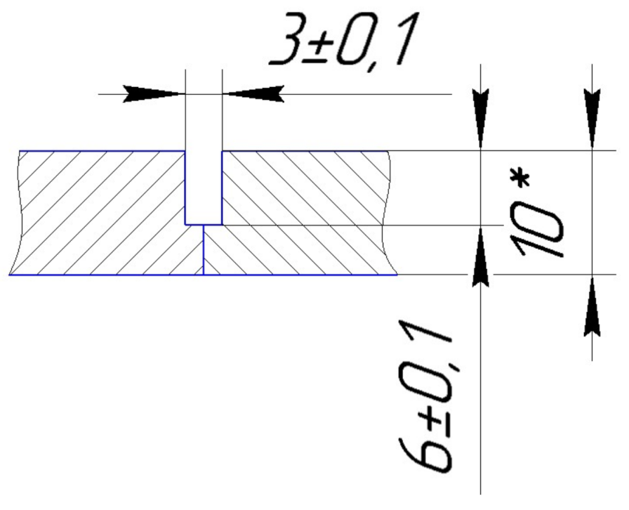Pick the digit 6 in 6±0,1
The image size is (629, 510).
[425, 451]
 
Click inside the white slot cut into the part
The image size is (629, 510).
[204, 187]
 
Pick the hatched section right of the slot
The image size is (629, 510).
[302, 211]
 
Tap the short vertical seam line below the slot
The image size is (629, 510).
[203, 249]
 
